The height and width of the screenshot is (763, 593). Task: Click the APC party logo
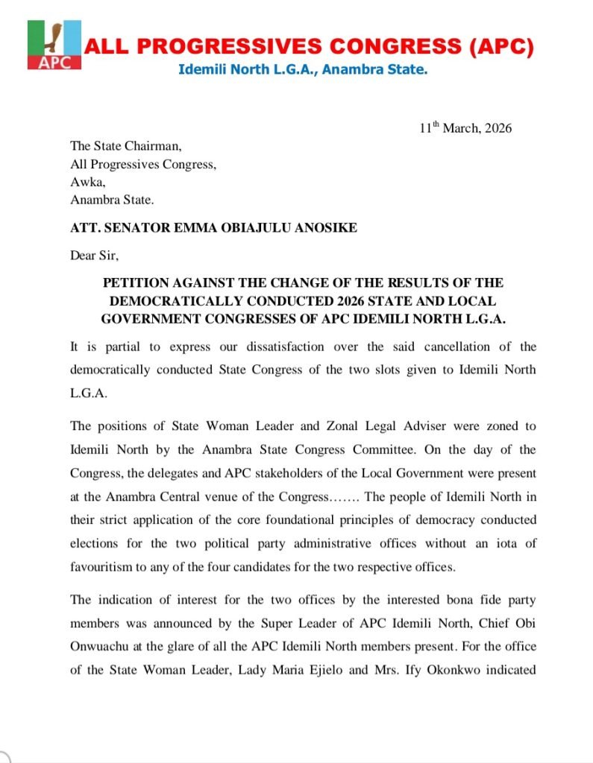[54, 45]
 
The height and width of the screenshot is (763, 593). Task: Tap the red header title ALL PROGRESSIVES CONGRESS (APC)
[309, 48]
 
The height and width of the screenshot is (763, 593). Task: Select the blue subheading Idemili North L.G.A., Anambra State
[302, 71]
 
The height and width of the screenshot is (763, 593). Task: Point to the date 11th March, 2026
[465, 128]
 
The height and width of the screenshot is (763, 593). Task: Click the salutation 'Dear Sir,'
[95, 256]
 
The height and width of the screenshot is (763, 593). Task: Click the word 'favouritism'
[101, 567]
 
